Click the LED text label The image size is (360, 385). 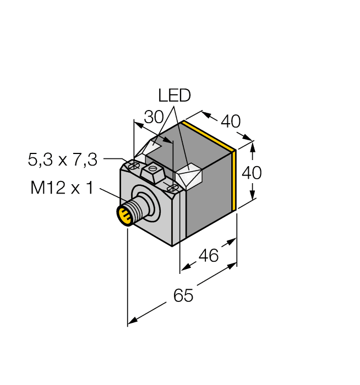(174, 96)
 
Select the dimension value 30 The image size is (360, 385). (154, 117)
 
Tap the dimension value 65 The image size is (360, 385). (183, 295)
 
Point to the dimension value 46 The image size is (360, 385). (208, 255)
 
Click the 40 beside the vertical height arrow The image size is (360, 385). (252, 173)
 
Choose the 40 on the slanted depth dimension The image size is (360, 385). (230, 121)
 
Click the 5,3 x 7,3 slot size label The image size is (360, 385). (62, 160)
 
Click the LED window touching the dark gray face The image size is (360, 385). (188, 177)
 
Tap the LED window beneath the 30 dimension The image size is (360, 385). (152, 148)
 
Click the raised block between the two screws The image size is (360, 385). (152, 173)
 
